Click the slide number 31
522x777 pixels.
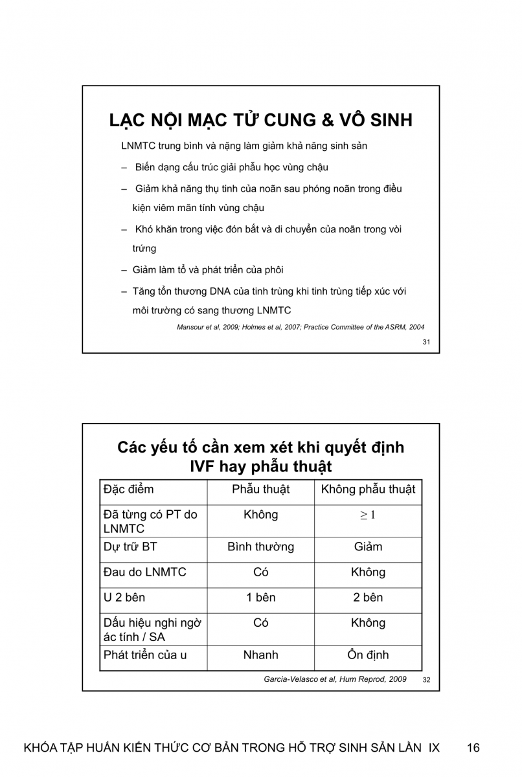pos(426,342)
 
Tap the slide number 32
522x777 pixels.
pos(426,680)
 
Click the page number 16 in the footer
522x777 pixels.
pos(473,748)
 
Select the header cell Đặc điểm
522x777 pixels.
pos(129,490)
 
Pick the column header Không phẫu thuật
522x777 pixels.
pos(368,490)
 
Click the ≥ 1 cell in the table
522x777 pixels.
pos(368,515)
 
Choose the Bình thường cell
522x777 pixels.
pos(260,547)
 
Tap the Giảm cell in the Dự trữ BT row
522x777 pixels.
pos(368,547)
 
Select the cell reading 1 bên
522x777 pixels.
pos(260,598)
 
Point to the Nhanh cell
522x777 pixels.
pos(260,655)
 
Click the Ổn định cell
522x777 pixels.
pos(368,655)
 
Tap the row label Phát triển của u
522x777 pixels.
pos(145,655)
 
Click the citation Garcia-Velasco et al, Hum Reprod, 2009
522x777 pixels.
pos(335,679)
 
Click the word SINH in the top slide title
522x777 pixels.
pos(387,121)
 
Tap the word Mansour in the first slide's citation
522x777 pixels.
pos(192,327)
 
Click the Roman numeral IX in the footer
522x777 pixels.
pos(434,748)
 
